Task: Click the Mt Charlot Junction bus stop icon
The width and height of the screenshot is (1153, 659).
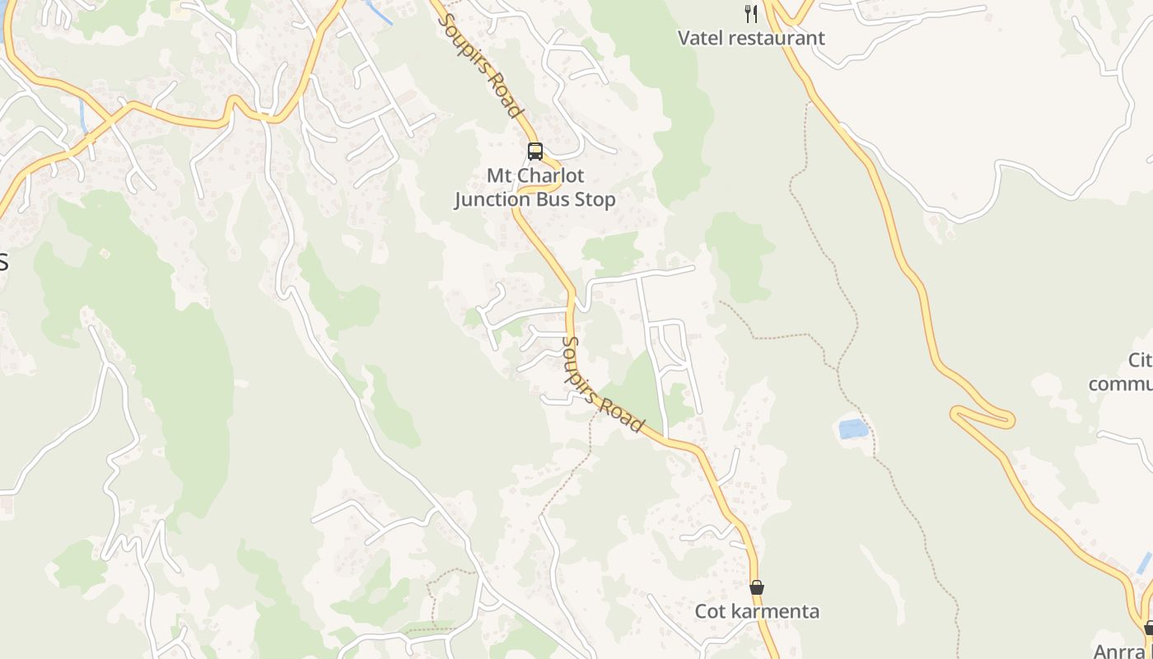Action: [x=535, y=152]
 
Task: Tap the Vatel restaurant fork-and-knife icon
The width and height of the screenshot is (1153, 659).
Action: [x=750, y=13]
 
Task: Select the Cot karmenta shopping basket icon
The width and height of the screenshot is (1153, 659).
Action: [x=757, y=587]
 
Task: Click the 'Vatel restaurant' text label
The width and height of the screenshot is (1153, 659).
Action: [x=751, y=38]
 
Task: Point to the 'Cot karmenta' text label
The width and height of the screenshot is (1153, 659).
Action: [x=757, y=611]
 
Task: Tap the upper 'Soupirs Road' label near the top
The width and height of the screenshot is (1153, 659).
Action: [x=482, y=65]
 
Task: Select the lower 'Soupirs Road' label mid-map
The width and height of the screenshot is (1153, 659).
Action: [x=602, y=385]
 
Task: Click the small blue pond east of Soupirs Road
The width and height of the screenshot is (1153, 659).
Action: [x=853, y=428]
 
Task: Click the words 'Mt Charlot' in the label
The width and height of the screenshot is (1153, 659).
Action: [x=535, y=175]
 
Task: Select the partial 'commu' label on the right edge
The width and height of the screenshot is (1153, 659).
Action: [x=1120, y=385]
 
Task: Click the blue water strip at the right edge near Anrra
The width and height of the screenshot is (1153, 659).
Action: [x=1144, y=563]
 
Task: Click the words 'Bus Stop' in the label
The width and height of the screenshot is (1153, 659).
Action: [x=574, y=199]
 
